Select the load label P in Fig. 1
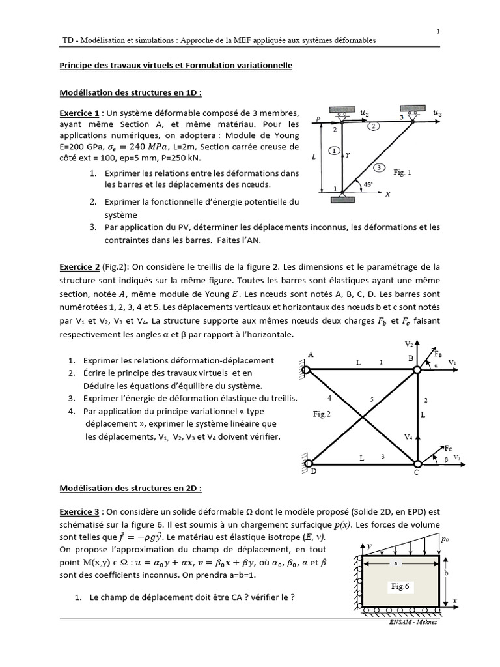click(318, 118)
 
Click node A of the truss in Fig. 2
click(311, 355)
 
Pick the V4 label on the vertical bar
click(408, 436)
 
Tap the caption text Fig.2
click(322, 414)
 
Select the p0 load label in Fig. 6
click(445, 540)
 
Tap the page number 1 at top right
click(438, 30)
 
